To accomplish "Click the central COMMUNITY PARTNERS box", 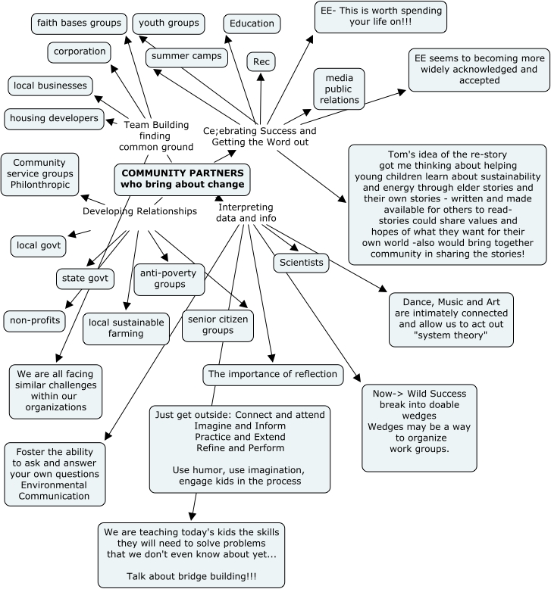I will (183, 178).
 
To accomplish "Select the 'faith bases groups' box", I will (78, 23).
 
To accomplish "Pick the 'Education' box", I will (251, 23).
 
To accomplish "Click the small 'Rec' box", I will (260, 61).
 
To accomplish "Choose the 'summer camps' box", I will (186, 57).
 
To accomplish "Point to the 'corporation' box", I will (79, 53).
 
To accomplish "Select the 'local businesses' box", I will (51, 86).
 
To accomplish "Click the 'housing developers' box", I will (55, 118).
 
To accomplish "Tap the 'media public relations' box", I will (339, 89).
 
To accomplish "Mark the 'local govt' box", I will (38, 245).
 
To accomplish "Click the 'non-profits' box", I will (36, 320).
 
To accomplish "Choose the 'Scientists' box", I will (301, 263).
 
